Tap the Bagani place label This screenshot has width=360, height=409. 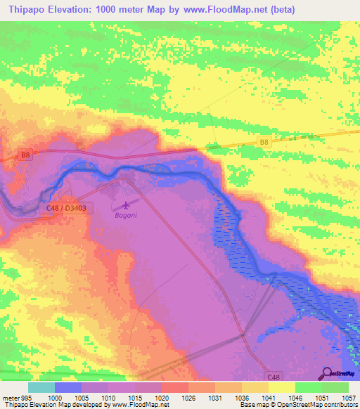(127, 216)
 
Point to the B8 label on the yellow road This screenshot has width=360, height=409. (264, 142)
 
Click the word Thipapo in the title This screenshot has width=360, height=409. (32, 9)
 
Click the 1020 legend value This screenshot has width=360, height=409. (162, 398)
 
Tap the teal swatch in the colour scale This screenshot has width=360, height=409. (41, 387)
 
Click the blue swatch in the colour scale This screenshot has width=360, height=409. (67, 387)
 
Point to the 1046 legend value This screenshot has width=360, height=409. (295, 398)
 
